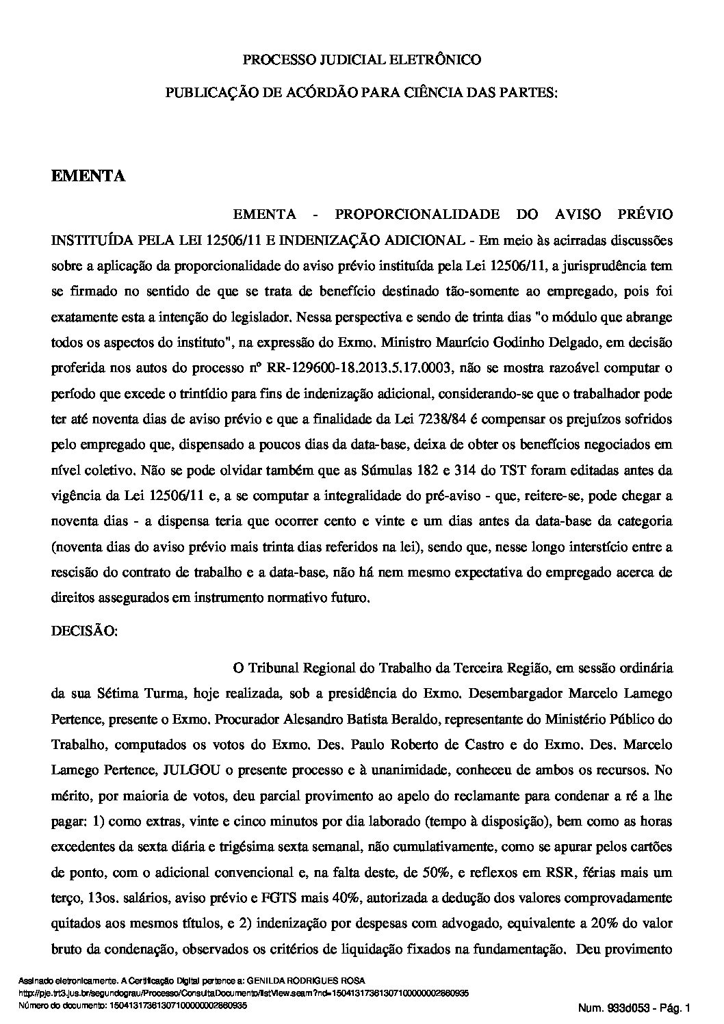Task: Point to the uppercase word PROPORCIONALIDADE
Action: (417, 215)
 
